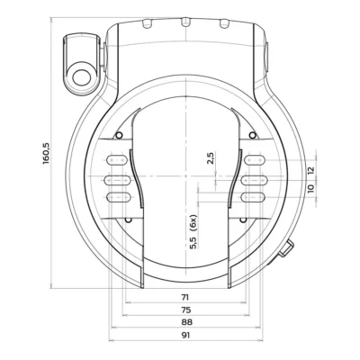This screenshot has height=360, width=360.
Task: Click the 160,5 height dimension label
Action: click(x=46, y=153)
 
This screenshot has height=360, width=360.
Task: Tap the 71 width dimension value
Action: click(x=185, y=297)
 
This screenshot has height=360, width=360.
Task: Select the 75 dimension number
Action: click(x=186, y=310)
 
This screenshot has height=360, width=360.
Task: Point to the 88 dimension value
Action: click(x=186, y=322)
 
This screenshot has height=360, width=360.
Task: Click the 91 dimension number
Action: click(x=185, y=335)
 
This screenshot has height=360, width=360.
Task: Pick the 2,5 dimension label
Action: click(x=211, y=158)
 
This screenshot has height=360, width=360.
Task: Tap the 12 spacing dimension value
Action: click(x=310, y=170)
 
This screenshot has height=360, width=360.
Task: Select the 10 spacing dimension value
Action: click(x=310, y=188)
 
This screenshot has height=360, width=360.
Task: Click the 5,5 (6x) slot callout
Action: click(x=193, y=231)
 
